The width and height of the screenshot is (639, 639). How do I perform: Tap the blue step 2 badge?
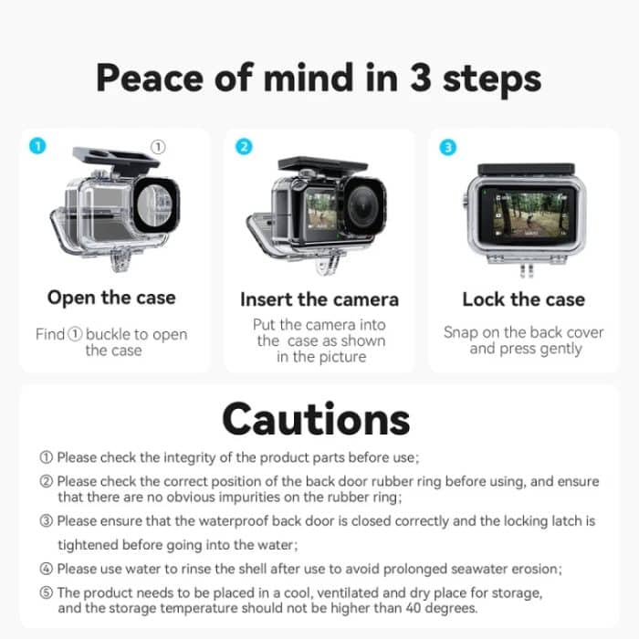pos(243,147)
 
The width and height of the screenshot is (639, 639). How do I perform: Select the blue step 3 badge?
pos(447,147)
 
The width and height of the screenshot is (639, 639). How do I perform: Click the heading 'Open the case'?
pos(111,298)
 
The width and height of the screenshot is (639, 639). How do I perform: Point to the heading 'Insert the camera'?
pos(319,299)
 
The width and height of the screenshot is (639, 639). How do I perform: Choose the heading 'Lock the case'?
pos(523,299)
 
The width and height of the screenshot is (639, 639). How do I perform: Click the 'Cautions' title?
pos(316,419)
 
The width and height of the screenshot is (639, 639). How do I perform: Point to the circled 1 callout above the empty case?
pos(157,147)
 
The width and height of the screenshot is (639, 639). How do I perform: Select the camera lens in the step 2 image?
pos(363,206)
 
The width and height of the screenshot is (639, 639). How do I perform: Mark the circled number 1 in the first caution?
pos(47,457)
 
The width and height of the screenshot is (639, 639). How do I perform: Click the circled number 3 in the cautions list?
pos(47,521)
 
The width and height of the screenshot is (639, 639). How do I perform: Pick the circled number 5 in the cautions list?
pos(47,593)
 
